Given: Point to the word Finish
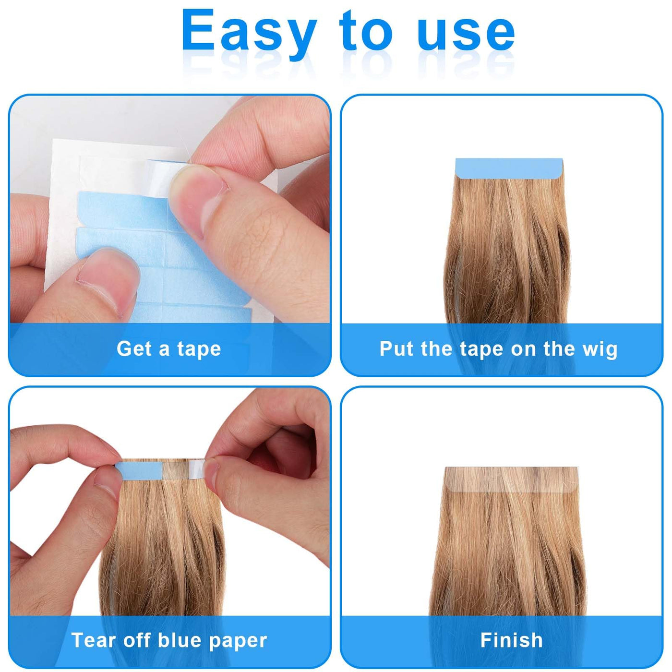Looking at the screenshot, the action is (511, 640).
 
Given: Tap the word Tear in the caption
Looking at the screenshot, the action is (93, 640).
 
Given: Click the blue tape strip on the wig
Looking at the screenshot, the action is (509, 166).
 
